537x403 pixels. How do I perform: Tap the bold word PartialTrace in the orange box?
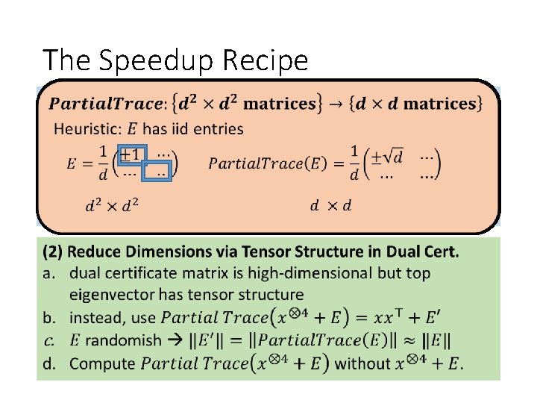pos(105,104)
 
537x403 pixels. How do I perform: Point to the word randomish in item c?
pos(123,340)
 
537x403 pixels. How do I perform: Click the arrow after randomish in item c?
pos(175,340)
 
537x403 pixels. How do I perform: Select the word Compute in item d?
pos(103,364)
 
